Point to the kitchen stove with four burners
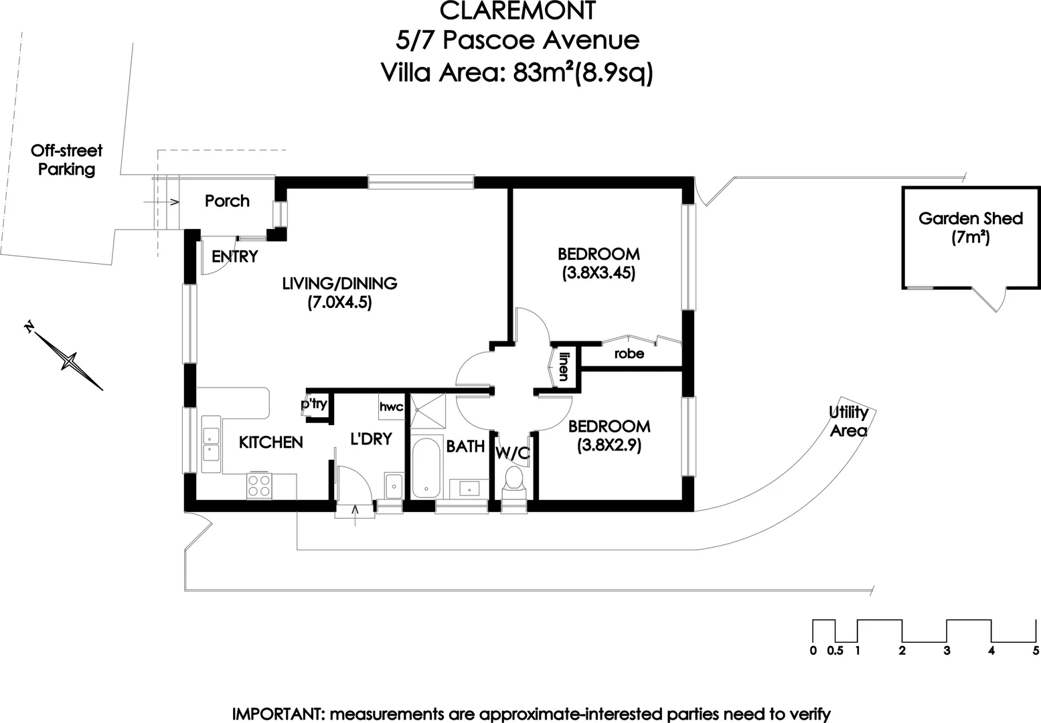(x=259, y=485)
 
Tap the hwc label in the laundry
(x=391, y=407)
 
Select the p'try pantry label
(x=314, y=404)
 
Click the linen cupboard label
(x=564, y=366)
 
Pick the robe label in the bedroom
(x=629, y=353)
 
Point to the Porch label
(x=227, y=201)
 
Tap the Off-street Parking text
(x=66, y=160)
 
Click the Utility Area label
(x=848, y=421)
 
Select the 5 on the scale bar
(x=1036, y=650)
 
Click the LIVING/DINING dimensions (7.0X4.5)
(x=339, y=303)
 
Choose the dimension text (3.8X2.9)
(x=609, y=445)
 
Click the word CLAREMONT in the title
(x=517, y=11)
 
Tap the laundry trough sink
(x=393, y=485)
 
